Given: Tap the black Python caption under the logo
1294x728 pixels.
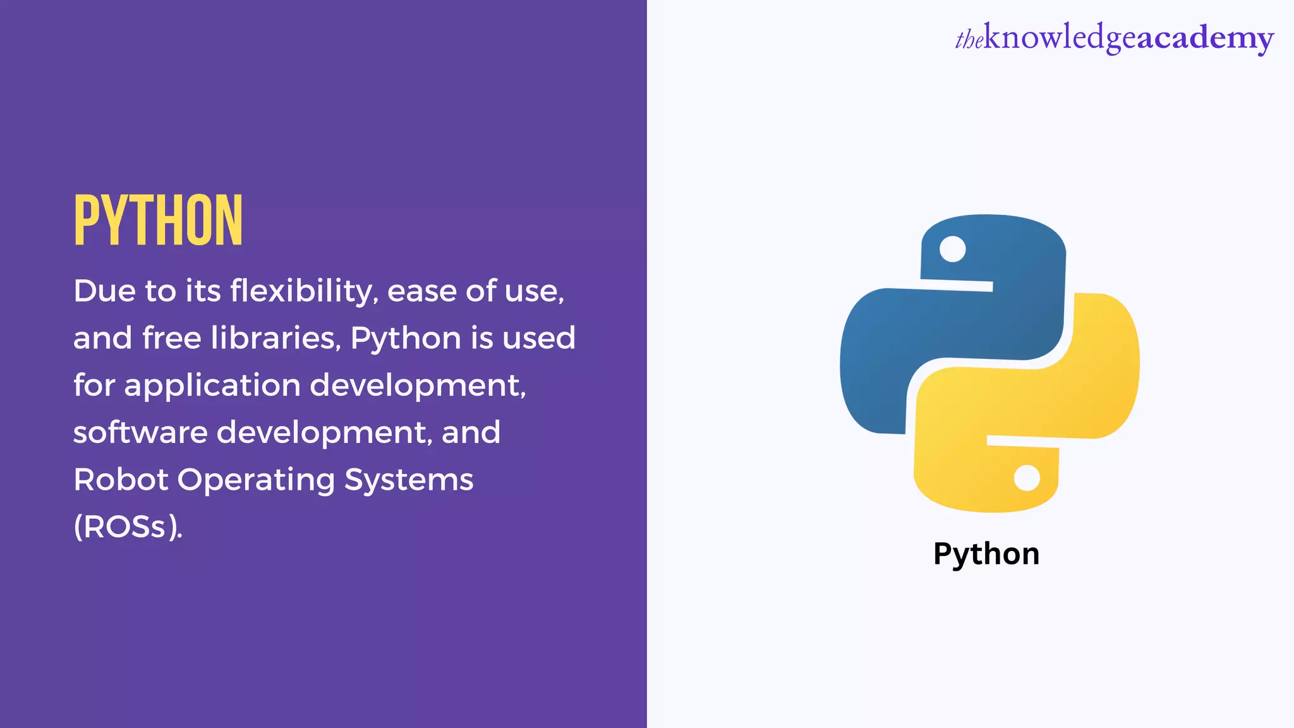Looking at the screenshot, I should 986,554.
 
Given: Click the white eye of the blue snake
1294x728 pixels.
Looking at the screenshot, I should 952,249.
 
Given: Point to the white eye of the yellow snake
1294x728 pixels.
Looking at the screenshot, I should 1026,478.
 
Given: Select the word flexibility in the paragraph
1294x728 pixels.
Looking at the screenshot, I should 304,291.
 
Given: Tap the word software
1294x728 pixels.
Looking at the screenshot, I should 140,433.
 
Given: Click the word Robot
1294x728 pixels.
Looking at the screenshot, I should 121,480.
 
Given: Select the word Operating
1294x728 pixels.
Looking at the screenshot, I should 256,480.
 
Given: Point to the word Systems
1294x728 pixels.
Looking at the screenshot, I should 409,480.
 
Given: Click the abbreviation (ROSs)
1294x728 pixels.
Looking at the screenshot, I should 128,527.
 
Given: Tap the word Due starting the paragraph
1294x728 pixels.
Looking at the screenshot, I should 104,291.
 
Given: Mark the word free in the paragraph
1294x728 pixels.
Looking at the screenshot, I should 171,338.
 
